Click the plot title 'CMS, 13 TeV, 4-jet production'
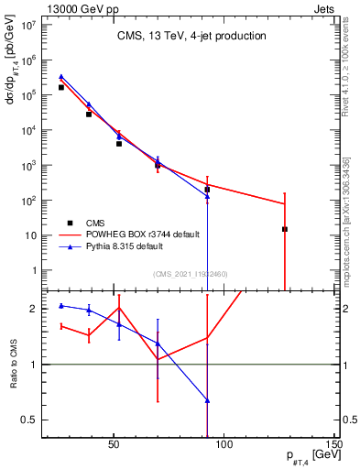pos(191,36)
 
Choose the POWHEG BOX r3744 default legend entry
pos(142,234)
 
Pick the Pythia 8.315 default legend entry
pos(131,245)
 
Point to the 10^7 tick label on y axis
pos(29,25)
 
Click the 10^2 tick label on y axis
pos(29,200)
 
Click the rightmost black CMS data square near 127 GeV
pos(285,229)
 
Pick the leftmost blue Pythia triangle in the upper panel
pos(61,77)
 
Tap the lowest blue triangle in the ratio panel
pos(207,400)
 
